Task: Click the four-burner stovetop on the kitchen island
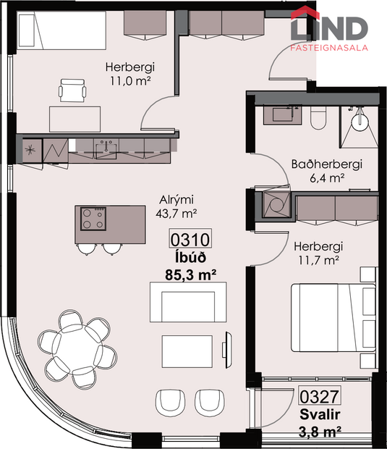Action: pos(94,219)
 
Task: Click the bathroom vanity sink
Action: pos(284,114)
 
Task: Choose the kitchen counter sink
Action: pos(108,148)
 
